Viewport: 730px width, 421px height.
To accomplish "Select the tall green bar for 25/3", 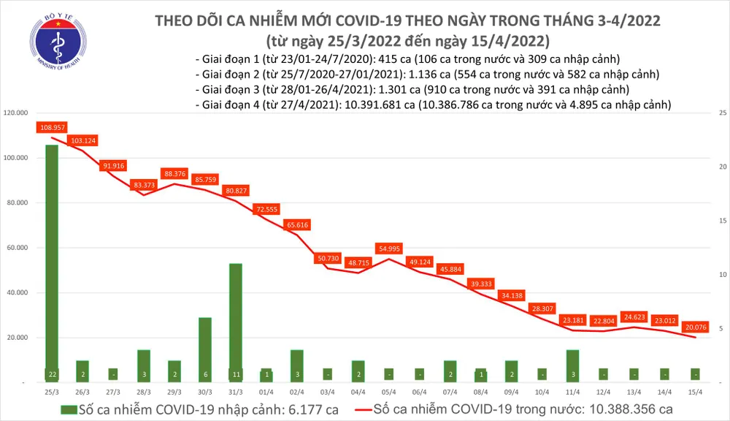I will (x=52, y=256).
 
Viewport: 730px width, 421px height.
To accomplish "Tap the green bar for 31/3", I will (x=236, y=322).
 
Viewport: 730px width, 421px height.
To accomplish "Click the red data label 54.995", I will (x=388, y=249).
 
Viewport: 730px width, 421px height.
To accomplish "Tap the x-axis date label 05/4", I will (x=388, y=392).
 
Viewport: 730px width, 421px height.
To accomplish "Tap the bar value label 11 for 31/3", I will (x=236, y=373).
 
